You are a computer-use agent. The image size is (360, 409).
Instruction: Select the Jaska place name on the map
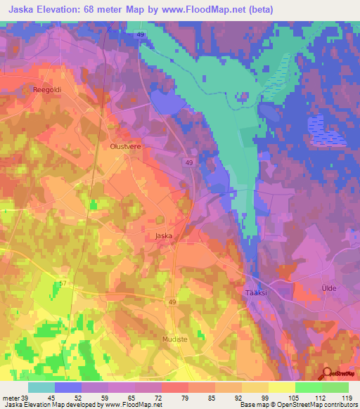(x=163, y=237)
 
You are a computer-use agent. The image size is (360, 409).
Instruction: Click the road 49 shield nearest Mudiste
(x=172, y=301)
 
